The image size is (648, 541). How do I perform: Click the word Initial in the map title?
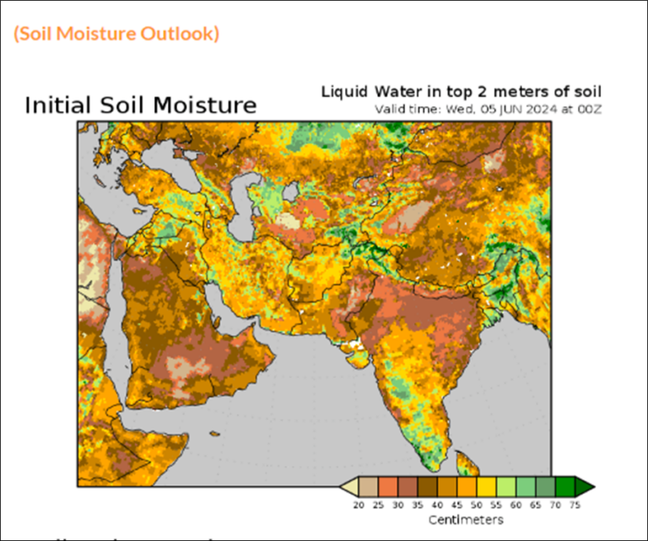coord(57,105)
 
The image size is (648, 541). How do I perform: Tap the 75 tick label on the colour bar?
coord(574,504)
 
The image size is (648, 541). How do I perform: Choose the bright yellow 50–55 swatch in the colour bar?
coord(487,487)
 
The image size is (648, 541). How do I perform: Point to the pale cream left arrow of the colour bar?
coord(348,487)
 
